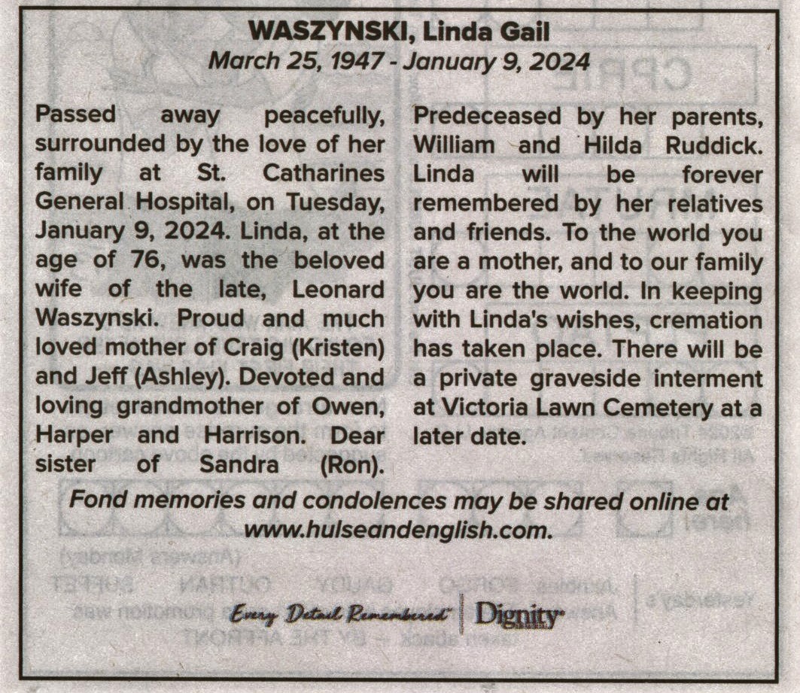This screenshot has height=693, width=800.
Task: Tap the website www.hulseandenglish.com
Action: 399,529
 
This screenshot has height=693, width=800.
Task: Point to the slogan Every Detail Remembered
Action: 341,615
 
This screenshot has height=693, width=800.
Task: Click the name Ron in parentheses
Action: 352,464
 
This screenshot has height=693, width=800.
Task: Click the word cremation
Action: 707,320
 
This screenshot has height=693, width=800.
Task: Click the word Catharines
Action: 324,173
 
